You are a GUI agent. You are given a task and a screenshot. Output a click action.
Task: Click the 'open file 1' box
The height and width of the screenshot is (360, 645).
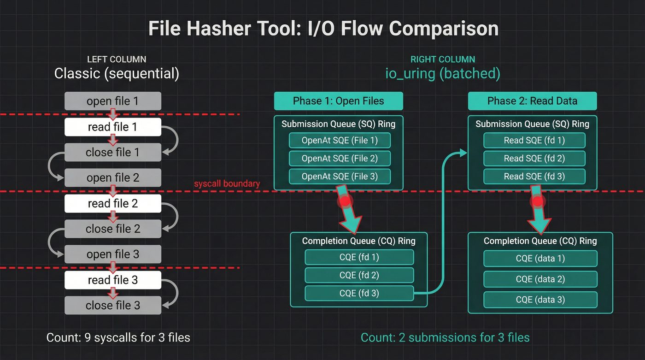[112, 101]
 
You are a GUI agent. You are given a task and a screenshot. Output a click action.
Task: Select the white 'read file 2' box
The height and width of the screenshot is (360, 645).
[112, 203]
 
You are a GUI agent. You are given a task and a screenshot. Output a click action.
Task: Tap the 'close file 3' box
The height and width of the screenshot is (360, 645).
[112, 305]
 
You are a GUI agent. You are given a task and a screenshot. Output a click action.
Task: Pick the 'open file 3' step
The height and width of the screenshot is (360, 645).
[112, 254]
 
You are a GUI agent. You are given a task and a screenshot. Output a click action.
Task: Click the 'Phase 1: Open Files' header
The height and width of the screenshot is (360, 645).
[338, 101]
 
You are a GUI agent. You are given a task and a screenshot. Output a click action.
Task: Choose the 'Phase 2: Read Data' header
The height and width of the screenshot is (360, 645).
[532, 101]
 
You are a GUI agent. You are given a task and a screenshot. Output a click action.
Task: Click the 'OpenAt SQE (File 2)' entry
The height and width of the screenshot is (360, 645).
[340, 158]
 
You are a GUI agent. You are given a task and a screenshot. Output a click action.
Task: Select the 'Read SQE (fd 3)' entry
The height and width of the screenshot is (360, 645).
[534, 176]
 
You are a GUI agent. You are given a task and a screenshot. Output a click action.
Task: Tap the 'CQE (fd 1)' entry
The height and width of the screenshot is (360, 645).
[359, 257]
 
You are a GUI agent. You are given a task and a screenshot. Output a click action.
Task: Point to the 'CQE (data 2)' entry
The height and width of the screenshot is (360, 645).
[540, 279]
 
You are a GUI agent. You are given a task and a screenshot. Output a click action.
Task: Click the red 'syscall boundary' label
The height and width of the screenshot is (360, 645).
[227, 184]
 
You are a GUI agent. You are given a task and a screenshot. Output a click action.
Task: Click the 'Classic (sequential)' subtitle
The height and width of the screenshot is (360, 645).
[117, 73]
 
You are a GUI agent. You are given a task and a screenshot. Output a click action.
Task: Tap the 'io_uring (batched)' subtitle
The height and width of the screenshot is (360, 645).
[442, 73]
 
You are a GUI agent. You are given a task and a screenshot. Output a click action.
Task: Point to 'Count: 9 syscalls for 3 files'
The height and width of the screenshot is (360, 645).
[118, 337]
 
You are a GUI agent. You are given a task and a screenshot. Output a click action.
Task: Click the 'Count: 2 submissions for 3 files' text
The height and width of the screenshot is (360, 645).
[445, 337]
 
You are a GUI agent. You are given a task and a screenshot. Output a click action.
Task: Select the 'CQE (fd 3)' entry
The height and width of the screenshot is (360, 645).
[359, 293]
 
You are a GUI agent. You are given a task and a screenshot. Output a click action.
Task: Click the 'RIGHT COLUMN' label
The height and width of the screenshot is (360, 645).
[442, 59]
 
